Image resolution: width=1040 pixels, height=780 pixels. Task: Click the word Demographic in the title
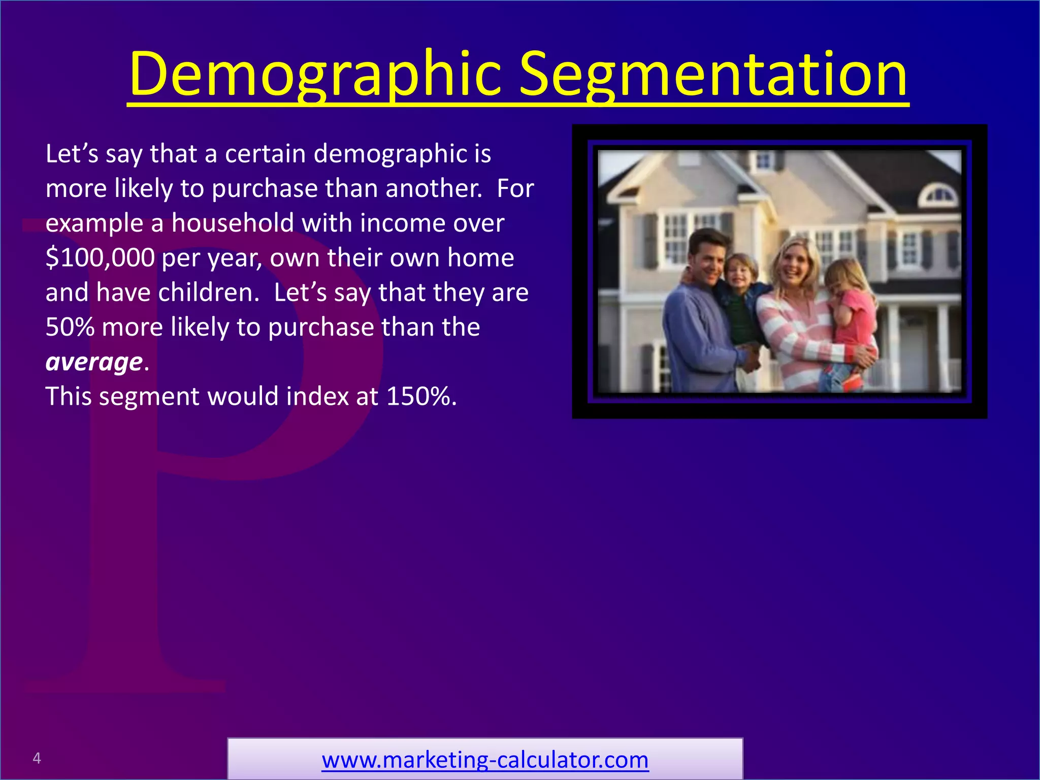point(315,75)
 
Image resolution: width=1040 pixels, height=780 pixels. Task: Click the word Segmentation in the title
point(713,75)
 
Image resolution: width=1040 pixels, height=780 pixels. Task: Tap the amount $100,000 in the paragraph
point(100,257)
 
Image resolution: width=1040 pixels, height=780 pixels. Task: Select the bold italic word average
point(94,362)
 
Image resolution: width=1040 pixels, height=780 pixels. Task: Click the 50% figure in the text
point(70,327)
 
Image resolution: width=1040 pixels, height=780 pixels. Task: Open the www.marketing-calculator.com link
point(485,760)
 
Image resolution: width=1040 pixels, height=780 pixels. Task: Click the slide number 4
point(37,758)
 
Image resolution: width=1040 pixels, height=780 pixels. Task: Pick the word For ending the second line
point(515,188)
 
